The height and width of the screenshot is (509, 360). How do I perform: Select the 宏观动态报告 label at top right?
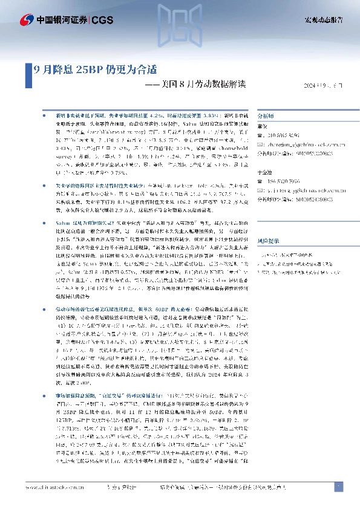322,20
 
